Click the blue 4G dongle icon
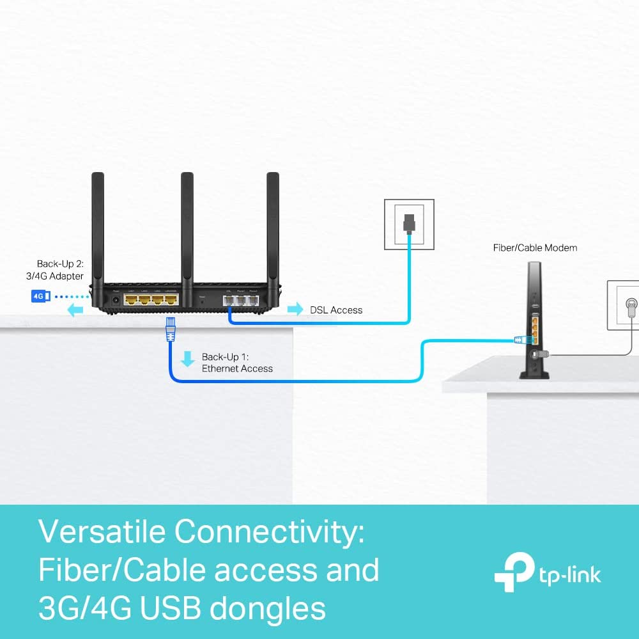coord(40,296)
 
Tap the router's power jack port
coord(116,297)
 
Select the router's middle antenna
coord(187,230)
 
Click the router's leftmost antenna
coord(98,230)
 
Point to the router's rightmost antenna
coord(273,230)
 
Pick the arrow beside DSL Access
coord(295,310)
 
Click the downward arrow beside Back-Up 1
coord(187,359)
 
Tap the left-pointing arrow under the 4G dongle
coord(75,311)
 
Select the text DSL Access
coord(336,310)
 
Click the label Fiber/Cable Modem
coord(535,248)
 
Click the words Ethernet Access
coord(237,369)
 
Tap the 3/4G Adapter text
coord(60,276)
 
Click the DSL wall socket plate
coord(408,224)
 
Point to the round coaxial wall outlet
coord(629,304)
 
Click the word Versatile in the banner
coord(102,532)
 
